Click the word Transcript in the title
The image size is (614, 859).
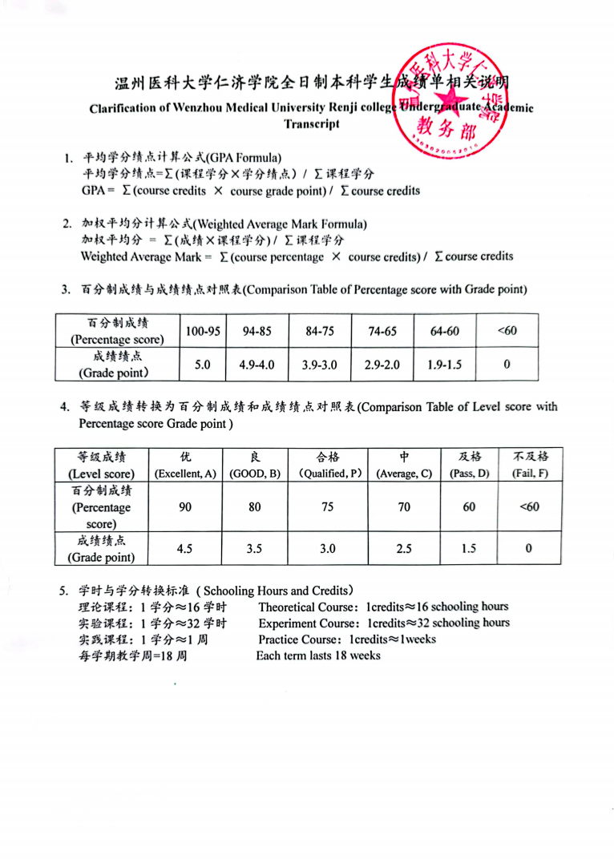312,124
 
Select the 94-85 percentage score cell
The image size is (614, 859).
257,331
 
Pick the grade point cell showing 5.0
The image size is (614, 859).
203,365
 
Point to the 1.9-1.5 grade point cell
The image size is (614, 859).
444,365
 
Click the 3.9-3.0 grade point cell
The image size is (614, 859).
319,365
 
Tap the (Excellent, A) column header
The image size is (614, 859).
185,474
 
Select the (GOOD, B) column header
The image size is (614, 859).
255,474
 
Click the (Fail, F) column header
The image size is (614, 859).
529,474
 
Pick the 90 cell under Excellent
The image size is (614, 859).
185,507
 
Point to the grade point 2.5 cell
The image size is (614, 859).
404,549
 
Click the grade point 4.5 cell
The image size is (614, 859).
185,549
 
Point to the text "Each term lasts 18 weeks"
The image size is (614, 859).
318,655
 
